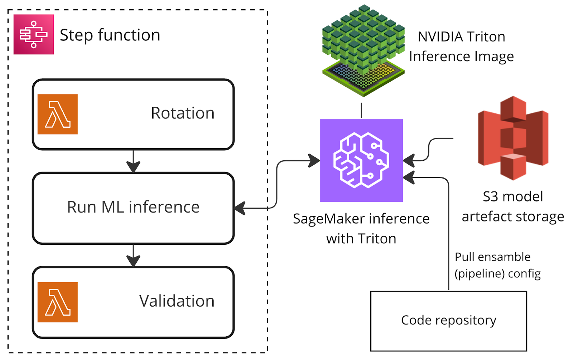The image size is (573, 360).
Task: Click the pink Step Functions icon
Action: coord(34,34)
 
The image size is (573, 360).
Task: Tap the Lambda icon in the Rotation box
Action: coord(58,114)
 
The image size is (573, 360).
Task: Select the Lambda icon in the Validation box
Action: coord(58,302)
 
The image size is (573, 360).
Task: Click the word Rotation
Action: coord(183,113)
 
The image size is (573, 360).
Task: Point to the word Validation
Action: coord(177,301)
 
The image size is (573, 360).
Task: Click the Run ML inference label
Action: coord(133,207)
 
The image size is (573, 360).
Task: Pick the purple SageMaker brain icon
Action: coord(361,160)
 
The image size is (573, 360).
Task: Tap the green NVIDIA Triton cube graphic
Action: coord(363,50)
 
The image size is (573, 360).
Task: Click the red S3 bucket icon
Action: coord(513,138)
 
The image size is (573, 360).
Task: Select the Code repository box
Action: coord(448,321)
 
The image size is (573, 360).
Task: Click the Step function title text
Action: coord(110,35)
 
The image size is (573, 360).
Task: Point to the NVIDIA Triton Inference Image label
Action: coord(462,47)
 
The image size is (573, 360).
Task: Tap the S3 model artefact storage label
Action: coord(513,206)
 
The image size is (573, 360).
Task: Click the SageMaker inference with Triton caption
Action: coord(361,228)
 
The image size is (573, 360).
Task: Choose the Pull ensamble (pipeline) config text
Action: coord(497,265)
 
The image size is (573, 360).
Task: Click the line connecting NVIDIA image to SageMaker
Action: coord(361,110)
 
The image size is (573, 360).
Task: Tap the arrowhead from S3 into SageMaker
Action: coord(409,160)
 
